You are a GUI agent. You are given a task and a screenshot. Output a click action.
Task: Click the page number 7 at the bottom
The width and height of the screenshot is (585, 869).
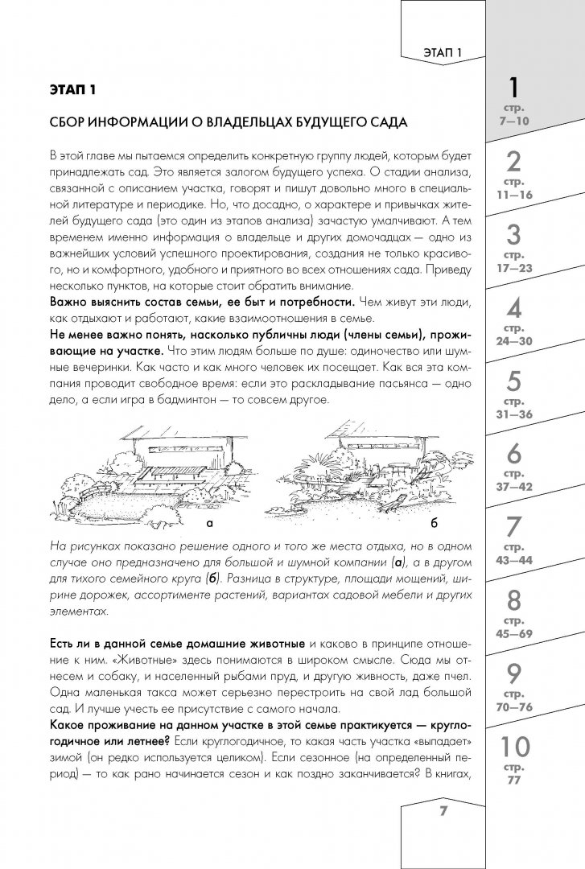(x=442, y=810)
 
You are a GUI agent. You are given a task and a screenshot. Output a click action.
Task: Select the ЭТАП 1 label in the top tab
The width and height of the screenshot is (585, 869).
(x=444, y=53)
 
